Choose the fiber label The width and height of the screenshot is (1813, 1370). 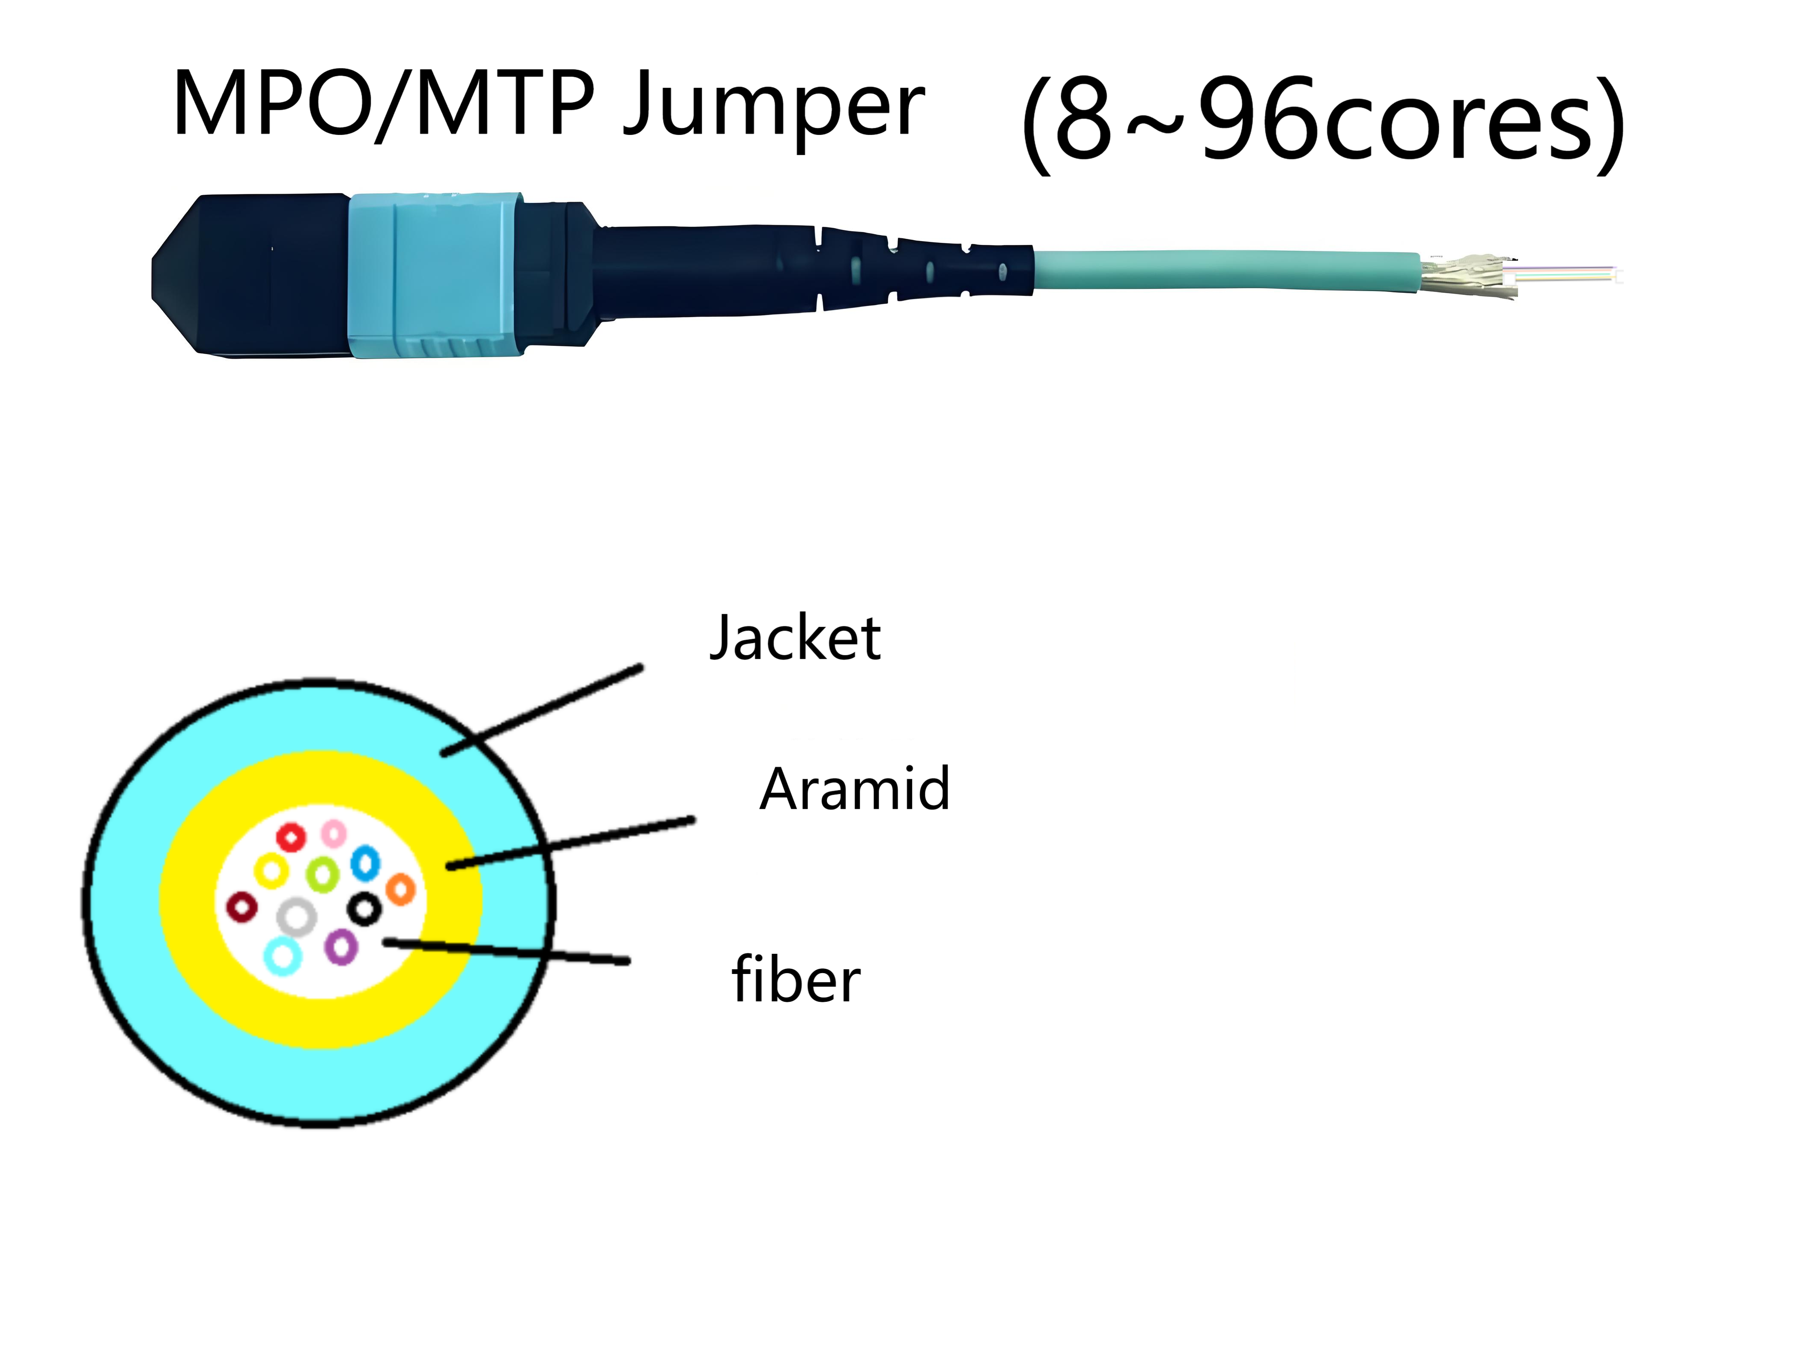click(795, 979)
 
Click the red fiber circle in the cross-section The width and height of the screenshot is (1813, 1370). click(291, 837)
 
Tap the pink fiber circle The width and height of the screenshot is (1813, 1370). click(333, 833)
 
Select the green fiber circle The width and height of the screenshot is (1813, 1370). click(323, 874)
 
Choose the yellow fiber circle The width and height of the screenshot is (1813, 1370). click(271, 871)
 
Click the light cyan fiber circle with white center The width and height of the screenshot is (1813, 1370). click(283, 956)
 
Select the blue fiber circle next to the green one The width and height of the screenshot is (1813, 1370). click(365, 863)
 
